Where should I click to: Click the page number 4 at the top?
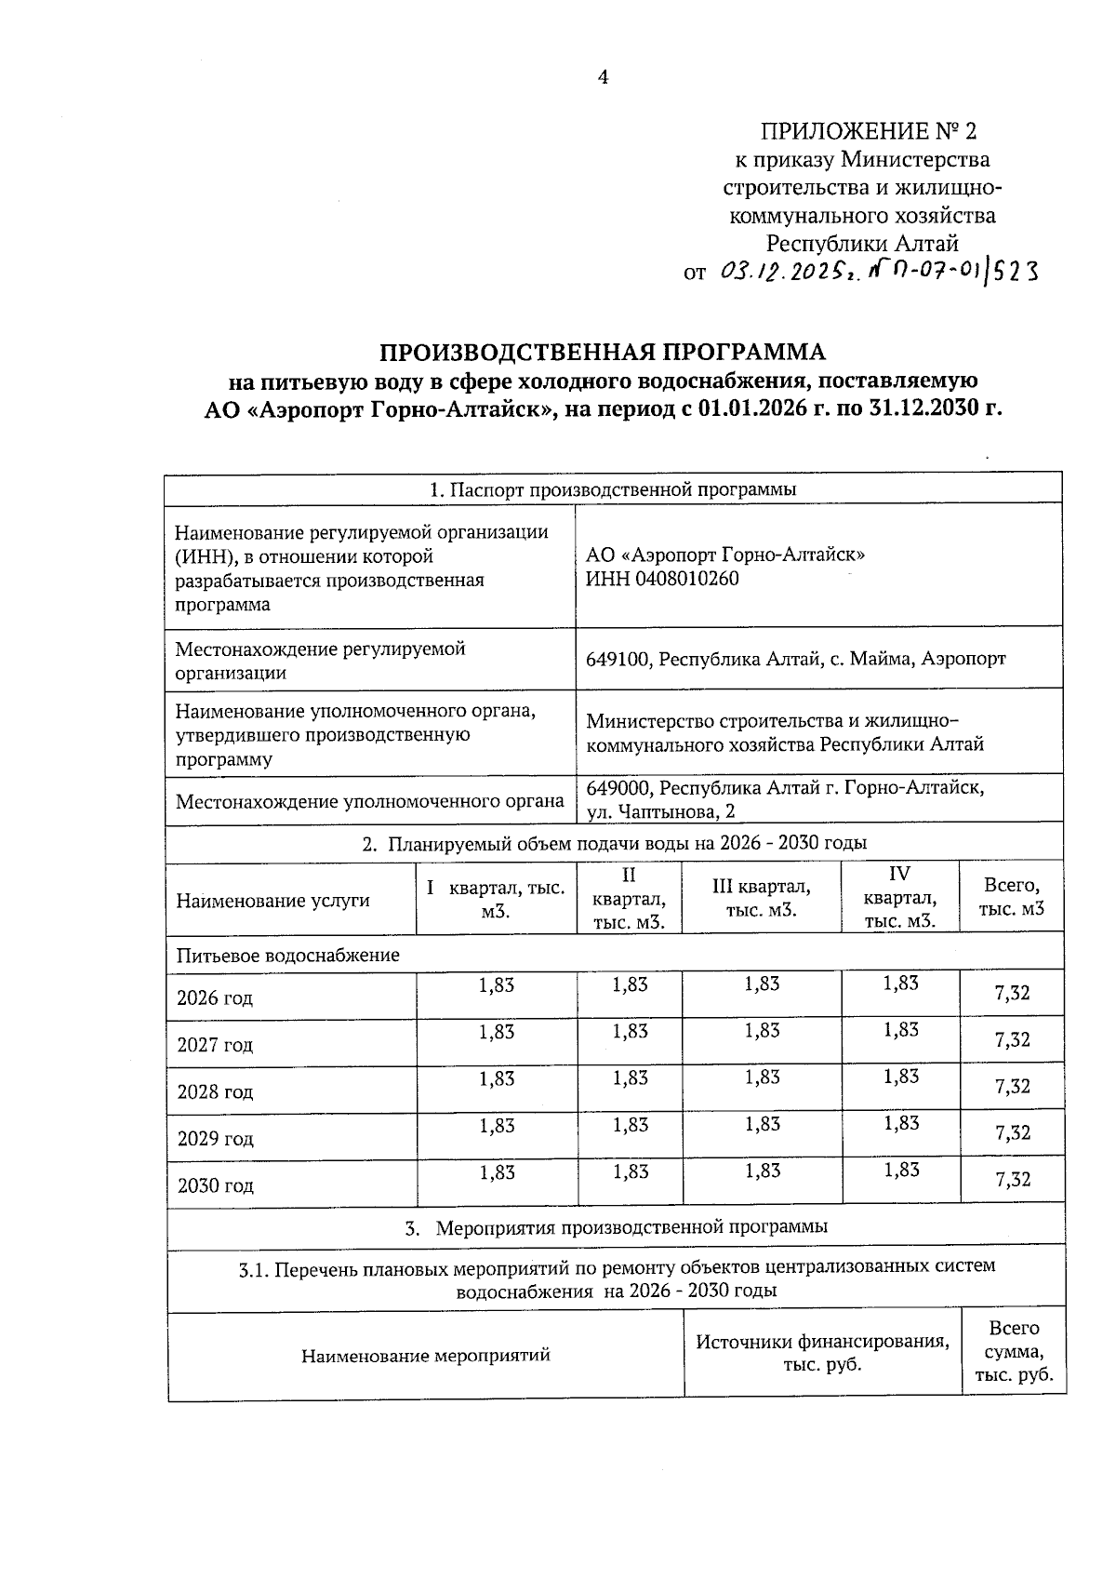click(603, 77)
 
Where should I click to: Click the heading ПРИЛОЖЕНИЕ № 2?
click(869, 130)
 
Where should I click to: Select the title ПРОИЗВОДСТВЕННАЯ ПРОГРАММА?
click(602, 353)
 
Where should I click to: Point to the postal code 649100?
click(618, 659)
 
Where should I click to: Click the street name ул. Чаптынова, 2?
click(660, 811)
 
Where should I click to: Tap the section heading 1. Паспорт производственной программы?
click(613, 489)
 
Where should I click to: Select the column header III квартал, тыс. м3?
click(761, 898)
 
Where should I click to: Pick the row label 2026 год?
click(215, 998)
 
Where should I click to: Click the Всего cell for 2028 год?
click(1012, 1086)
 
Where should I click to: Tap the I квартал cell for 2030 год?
click(497, 1172)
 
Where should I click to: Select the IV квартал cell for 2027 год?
click(900, 1029)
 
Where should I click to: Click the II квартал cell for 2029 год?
click(630, 1125)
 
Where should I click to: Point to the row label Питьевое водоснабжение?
click(288, 956)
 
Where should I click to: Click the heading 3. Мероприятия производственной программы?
click(617, 1226)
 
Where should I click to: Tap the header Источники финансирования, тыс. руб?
click(822, 1354)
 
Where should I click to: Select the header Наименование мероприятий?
click(426, 1355)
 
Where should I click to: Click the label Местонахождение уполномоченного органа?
click(370, 801)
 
